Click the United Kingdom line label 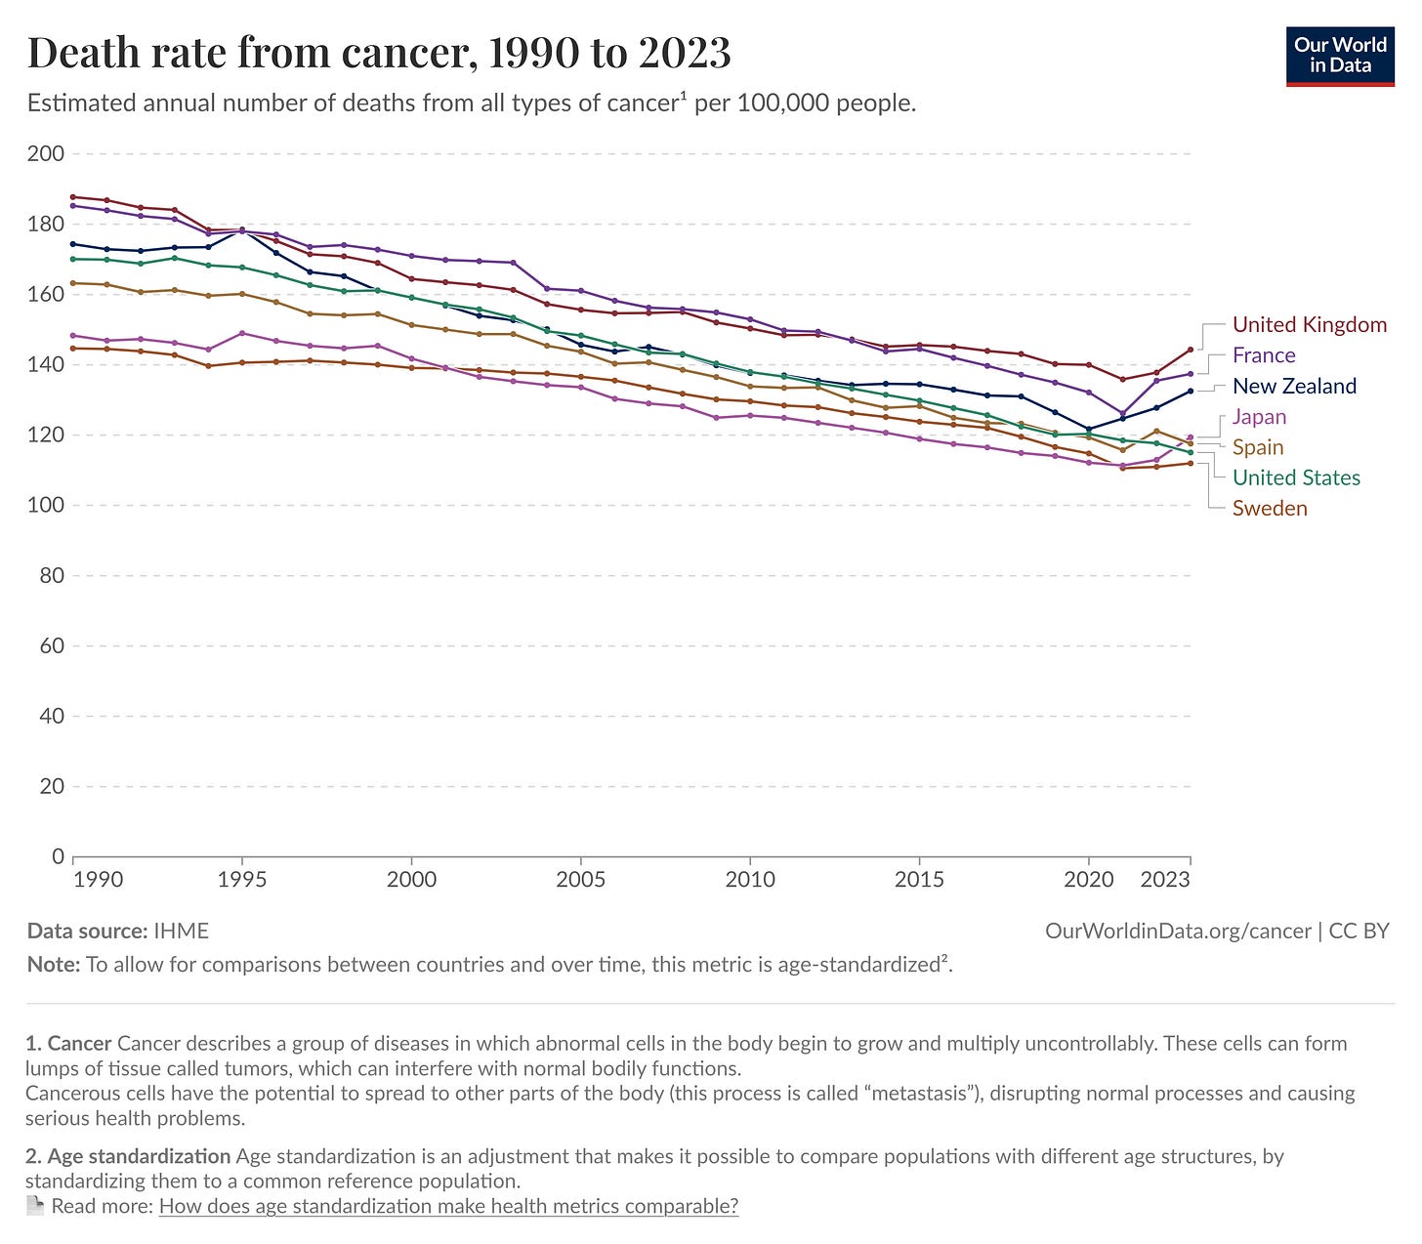coord(1309,325)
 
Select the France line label coord(1264,355)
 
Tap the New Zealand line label coord(1294,386)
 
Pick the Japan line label coord(1259,417)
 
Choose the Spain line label coord(1258,447)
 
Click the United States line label coord(1296,477)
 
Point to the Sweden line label coord(1270,508)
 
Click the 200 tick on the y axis coord(47,153)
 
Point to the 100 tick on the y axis coord(47,505)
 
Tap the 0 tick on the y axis coord(58,856)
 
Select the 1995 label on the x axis coord(242,880)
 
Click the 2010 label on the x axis coord(750,880)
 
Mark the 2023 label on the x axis coord(1165,880)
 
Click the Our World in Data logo coord(1340,57)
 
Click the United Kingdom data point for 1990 coord(73,197)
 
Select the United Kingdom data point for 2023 coord(1190,350)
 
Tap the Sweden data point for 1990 coord(73,349)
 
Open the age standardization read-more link coord(448,1206)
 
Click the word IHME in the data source coord(181,931)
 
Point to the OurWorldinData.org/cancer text coord(1178,931)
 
